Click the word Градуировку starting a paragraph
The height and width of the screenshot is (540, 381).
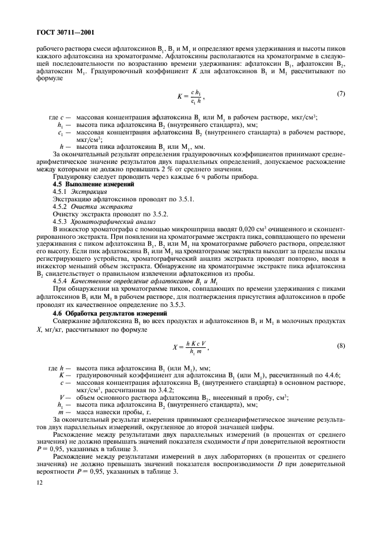pos(74,177)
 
